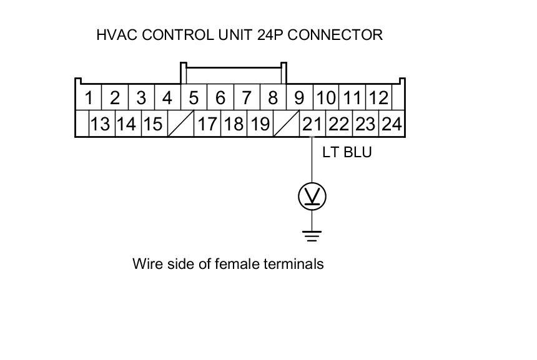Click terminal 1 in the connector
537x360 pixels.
89,98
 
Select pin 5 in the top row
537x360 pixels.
194,98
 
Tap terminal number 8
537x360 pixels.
273,98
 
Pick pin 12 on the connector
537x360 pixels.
378,98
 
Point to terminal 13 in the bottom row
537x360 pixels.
100,124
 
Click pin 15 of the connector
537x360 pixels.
153,124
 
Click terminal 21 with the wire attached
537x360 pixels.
312,124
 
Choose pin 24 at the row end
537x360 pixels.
391,124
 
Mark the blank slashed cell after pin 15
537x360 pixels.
180,124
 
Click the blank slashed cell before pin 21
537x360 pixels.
286,124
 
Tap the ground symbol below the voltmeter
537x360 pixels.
312,236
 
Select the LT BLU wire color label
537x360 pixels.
347,152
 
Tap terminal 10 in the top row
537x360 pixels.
325,98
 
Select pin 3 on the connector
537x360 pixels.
141,98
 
